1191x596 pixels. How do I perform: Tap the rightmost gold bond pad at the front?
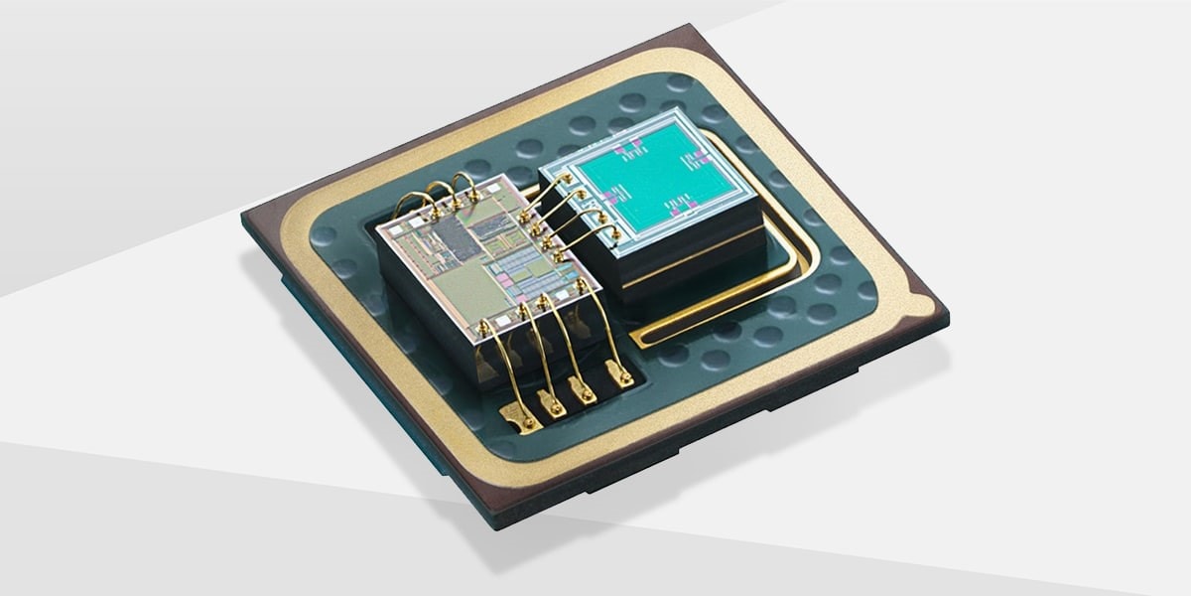622,375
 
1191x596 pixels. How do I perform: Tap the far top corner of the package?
695,32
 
